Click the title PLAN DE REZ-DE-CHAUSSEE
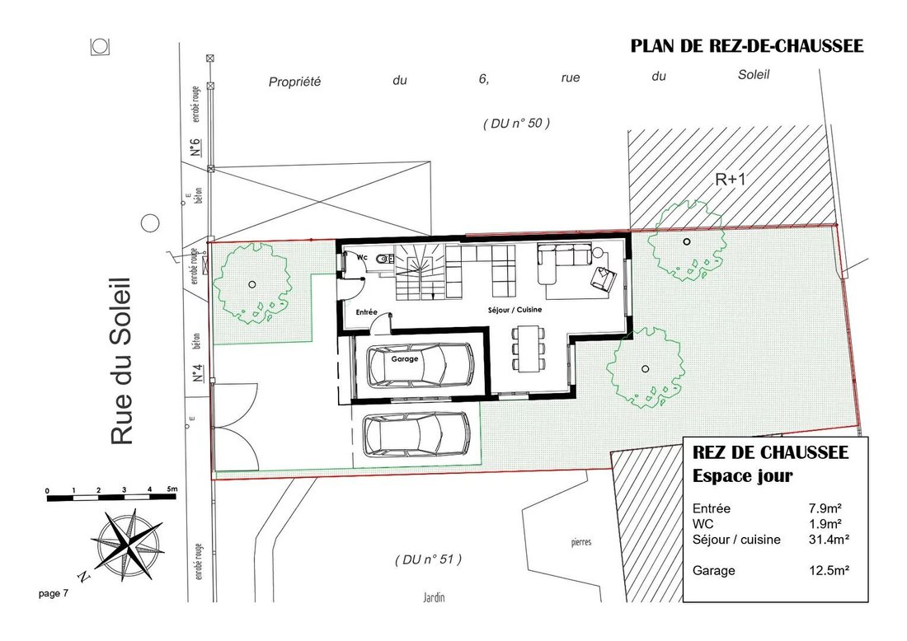coord(747,46)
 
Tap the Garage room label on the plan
coord(404,359)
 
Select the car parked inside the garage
coord(421,365)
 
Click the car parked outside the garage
coord(416,435)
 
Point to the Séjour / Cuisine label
coord(515,310)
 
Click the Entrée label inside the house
coord(366,312)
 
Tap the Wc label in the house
coord(361,257)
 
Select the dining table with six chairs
coord(528,348)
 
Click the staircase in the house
coord(420,272)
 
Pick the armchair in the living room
coord(604,279)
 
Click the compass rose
coord(126,544)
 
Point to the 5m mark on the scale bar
coord(172,489)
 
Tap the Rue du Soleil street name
coord(121,361)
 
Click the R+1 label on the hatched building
coord(731,179)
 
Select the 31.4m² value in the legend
coord(829,540)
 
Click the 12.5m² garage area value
coord(829,570)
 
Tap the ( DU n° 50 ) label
coord(516,123)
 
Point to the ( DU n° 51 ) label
coord(429,559)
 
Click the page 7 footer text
coord(54,593)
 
